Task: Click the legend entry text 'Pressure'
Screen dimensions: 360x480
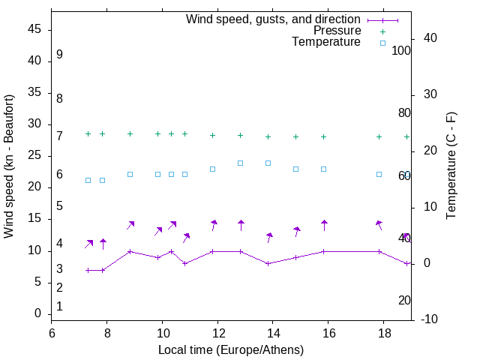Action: coord(337,31)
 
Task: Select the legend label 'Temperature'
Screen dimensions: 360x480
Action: coord(326,42)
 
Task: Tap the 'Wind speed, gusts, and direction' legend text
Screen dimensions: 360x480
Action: coord(274,19)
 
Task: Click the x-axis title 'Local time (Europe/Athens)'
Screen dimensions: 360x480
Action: coord(231,349)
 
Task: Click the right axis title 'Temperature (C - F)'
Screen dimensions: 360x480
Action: coord(451,166)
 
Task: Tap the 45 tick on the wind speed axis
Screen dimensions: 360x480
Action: coord(34,30)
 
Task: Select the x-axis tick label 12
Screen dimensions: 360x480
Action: coord(217,333)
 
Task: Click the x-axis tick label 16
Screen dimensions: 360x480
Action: coord(328,333)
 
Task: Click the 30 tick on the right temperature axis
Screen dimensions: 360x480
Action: coord(424,94)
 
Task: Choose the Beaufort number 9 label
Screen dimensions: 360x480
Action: coord(59,55)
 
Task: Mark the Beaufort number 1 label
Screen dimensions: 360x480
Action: coord(59,306)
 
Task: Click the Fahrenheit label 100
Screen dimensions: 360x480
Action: coord(401,50)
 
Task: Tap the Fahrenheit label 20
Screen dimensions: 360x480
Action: coord(404,300)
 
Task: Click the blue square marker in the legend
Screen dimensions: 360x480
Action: coord(382,43)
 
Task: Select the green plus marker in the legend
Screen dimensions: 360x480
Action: coord(382,31)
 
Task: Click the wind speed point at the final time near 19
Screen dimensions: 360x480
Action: coord(406,264)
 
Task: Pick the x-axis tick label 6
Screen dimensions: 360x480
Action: coord(52,333)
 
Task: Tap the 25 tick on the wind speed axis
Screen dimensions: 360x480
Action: coord(34,156)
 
